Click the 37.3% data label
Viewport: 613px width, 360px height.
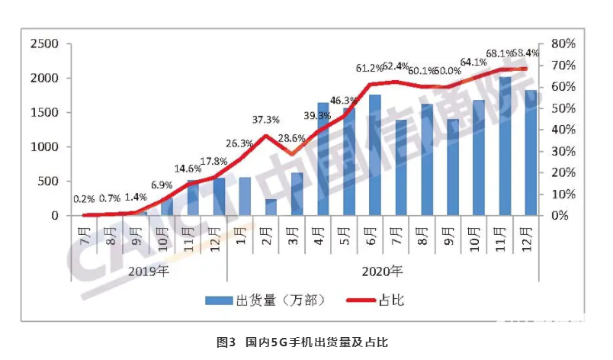[x=265, y=119]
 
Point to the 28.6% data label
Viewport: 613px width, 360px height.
[x=292, y=138]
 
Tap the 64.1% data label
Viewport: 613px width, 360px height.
[x=473, y=63]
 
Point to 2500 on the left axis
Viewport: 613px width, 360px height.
[x=44, y=43]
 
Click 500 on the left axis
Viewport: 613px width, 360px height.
[x=48, y=182]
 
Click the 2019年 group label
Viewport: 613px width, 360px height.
[x=149, y=272]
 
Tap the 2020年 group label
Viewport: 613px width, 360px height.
[x=382, y=272]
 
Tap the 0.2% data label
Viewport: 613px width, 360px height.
[x=84, y=200]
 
